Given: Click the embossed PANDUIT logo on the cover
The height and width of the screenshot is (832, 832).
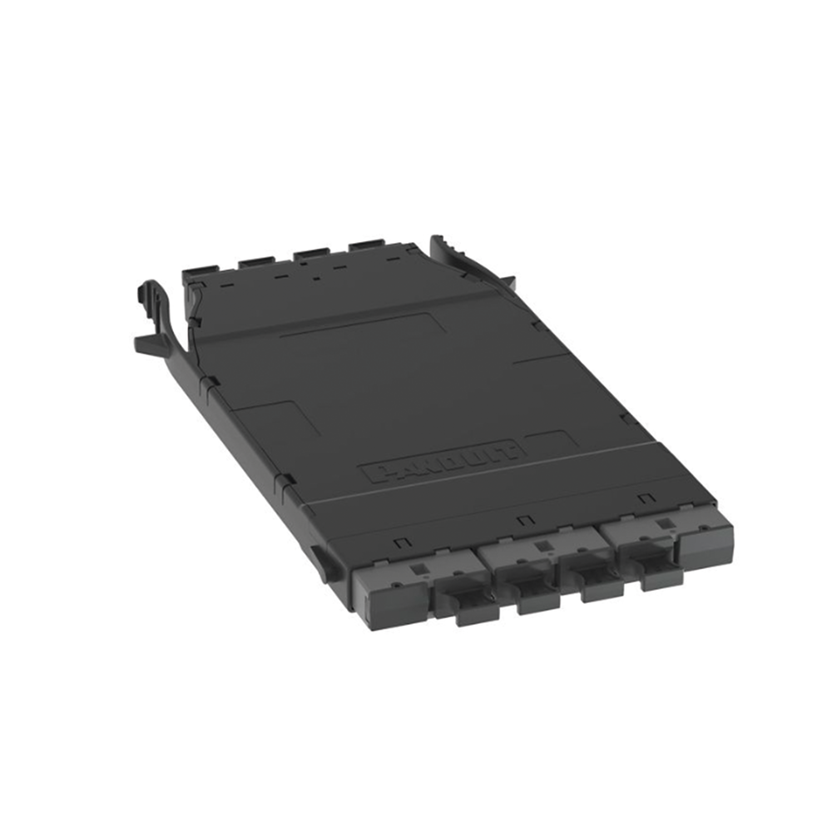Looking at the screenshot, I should [x=443, y=460].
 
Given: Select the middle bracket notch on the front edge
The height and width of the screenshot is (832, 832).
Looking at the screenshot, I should [x=523, y=521].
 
